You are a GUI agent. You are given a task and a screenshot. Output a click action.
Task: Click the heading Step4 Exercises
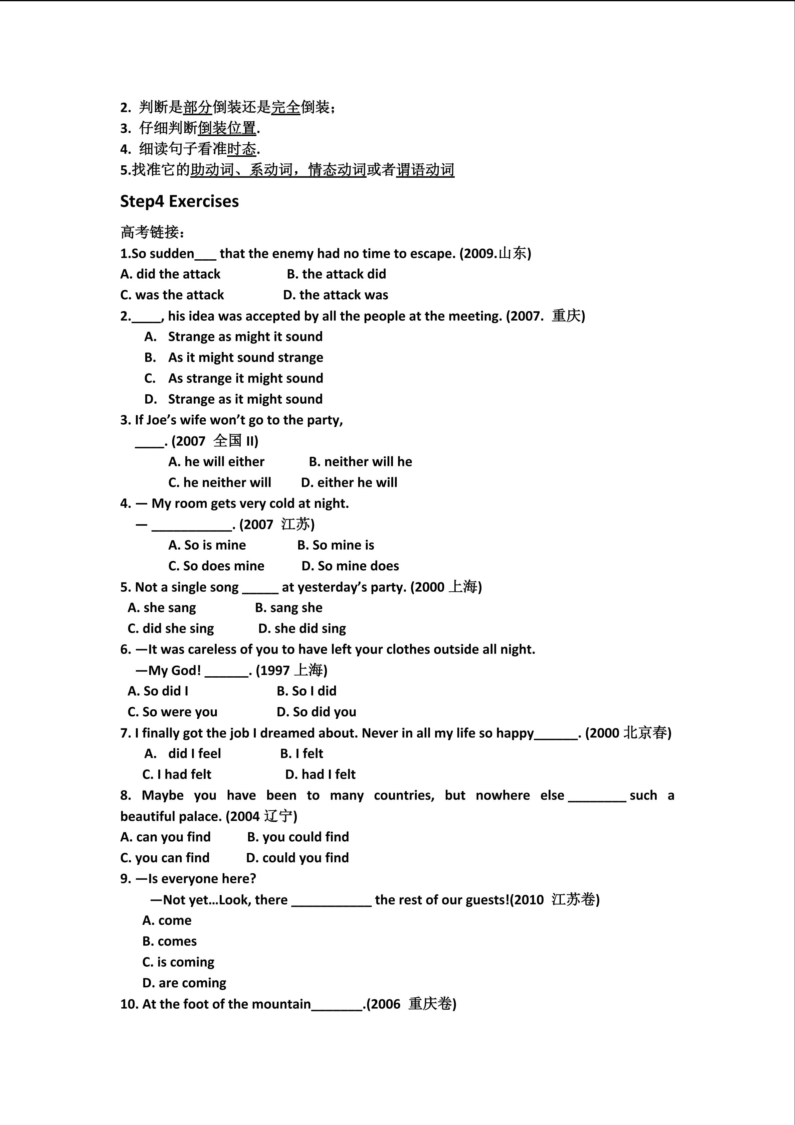pyautogui.click(x=179, y=201)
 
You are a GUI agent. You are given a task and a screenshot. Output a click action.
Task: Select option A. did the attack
pyautogui.click(x=170, y=274)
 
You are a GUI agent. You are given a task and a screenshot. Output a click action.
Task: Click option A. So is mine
pyautogui.click(x=207, y=545)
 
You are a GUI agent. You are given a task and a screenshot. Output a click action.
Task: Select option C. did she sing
pyautogui.click(x=171, y=628)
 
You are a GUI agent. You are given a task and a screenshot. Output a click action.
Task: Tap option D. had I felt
pyautogui.click(x=320, y=774)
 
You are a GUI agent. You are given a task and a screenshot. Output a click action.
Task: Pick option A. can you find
pyautogui.click(x=166, y=837)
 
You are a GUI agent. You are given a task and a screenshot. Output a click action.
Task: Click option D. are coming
pyautogui.click(x=184, y=983)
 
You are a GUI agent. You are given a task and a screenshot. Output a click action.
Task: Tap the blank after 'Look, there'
pyautogui.click(x=332, y=900)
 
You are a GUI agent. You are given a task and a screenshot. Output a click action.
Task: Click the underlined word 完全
pyautogui.click(x=285, y=107)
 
